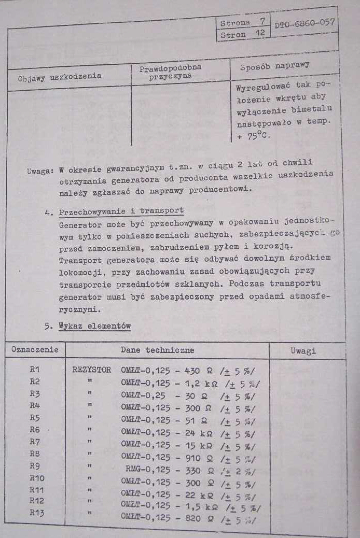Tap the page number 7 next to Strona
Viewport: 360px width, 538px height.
tap(262, 22)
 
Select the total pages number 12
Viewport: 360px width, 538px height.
tap(260, 34)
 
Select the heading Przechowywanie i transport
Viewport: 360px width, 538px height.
tap(121, 211)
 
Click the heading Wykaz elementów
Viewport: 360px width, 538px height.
tap(94, 326)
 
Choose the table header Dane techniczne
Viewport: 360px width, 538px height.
tap(157, 350)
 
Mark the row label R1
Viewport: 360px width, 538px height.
tap(35, 370)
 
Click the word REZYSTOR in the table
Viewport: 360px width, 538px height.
tap(92, 370)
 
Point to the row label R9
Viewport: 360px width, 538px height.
tap(35, 465)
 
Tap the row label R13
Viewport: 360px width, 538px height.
tap(37, 513)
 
